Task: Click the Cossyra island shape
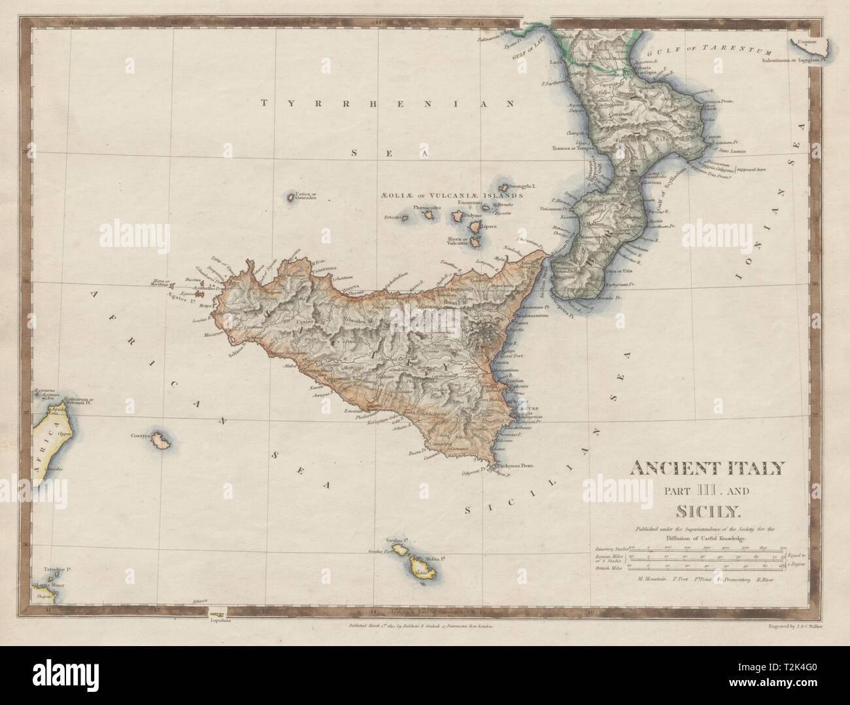[158, 443]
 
